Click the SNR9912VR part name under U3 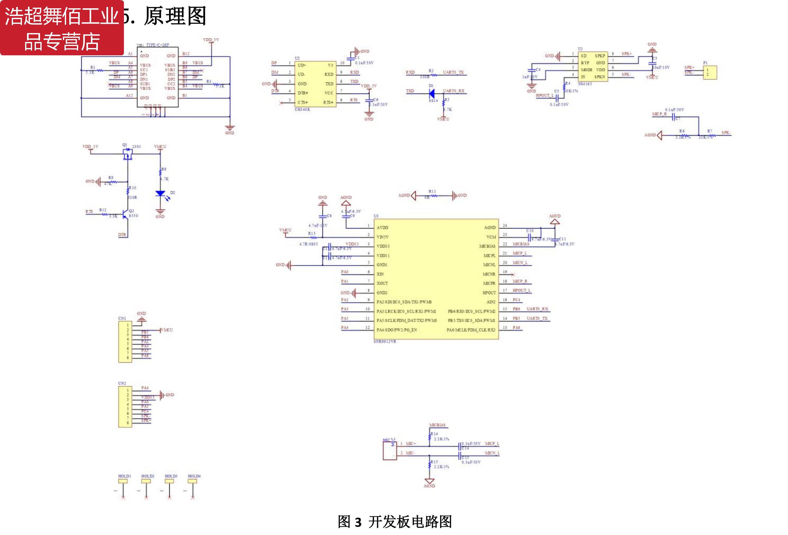[x=384, y=342]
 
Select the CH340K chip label [x=302, y=110]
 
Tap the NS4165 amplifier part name [x=585, y=84]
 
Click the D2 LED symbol [x=160, y=194]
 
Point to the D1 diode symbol [x=431, y=94]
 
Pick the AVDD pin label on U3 [x=382, y=228]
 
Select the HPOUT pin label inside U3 [x=489, y=293]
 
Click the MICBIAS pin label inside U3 [x=487, y=246]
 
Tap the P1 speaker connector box [x=710, y=72]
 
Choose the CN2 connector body [x=125, y=407]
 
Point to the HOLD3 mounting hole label [x=171, y=476]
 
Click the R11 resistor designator [x=432, y=192]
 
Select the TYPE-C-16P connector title [x=157, y=45]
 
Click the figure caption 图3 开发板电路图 [x=395, y=522]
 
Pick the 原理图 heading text [x=175, y=16]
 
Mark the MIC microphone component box [x=390, y=450]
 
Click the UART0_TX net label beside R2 [x=453, y=72]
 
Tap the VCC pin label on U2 [x=329, y=93]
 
